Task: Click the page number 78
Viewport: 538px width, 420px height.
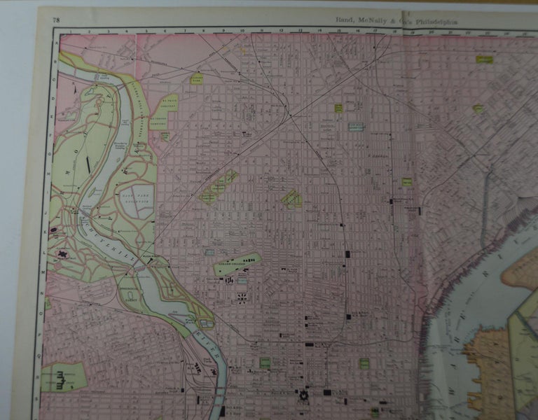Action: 55,18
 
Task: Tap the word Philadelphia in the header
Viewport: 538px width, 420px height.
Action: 439,22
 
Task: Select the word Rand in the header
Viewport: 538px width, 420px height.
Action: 337,22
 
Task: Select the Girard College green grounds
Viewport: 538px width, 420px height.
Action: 237,264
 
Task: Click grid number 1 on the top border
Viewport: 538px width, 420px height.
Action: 70,31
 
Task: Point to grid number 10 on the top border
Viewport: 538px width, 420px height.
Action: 242,31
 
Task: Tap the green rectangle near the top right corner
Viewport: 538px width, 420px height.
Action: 484,60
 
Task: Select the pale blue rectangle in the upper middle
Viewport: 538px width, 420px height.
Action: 359,126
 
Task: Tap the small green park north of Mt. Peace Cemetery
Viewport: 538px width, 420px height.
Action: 197,78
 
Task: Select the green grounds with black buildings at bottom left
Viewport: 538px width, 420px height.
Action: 64,378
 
